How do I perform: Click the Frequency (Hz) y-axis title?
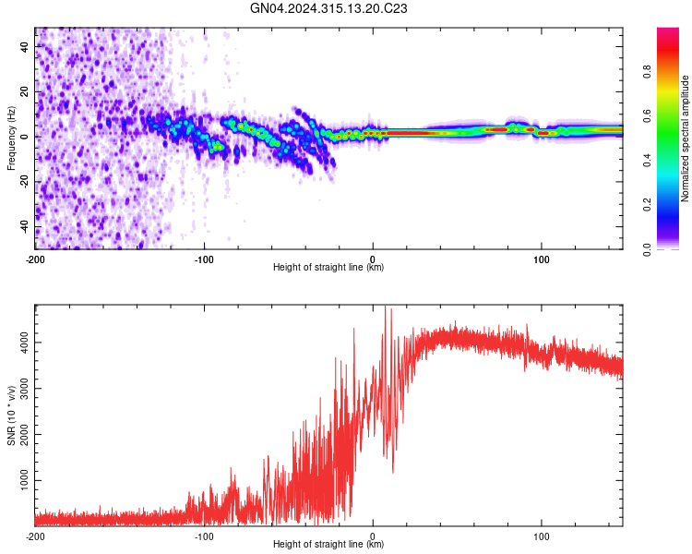12,138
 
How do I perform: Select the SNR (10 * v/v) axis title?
12,415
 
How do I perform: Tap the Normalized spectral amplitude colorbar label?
685,138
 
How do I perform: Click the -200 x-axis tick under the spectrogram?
35,258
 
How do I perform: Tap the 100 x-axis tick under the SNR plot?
542,535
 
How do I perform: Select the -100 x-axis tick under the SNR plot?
204,535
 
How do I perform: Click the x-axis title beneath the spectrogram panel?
328,268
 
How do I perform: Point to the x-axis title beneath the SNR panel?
328,545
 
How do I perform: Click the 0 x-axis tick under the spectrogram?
373,258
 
